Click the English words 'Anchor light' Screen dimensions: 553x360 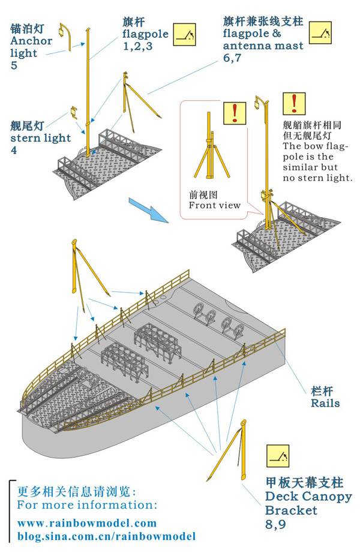tap(31, 47)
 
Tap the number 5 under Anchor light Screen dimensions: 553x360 tap(14, 65)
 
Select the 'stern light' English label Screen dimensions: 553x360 tap(40, 138)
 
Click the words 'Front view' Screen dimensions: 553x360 tap(214, 205)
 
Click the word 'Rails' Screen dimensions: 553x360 tap(325, 402)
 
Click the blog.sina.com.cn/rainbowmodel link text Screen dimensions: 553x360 tap(106, 536)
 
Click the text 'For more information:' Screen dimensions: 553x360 tap(87, 504)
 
